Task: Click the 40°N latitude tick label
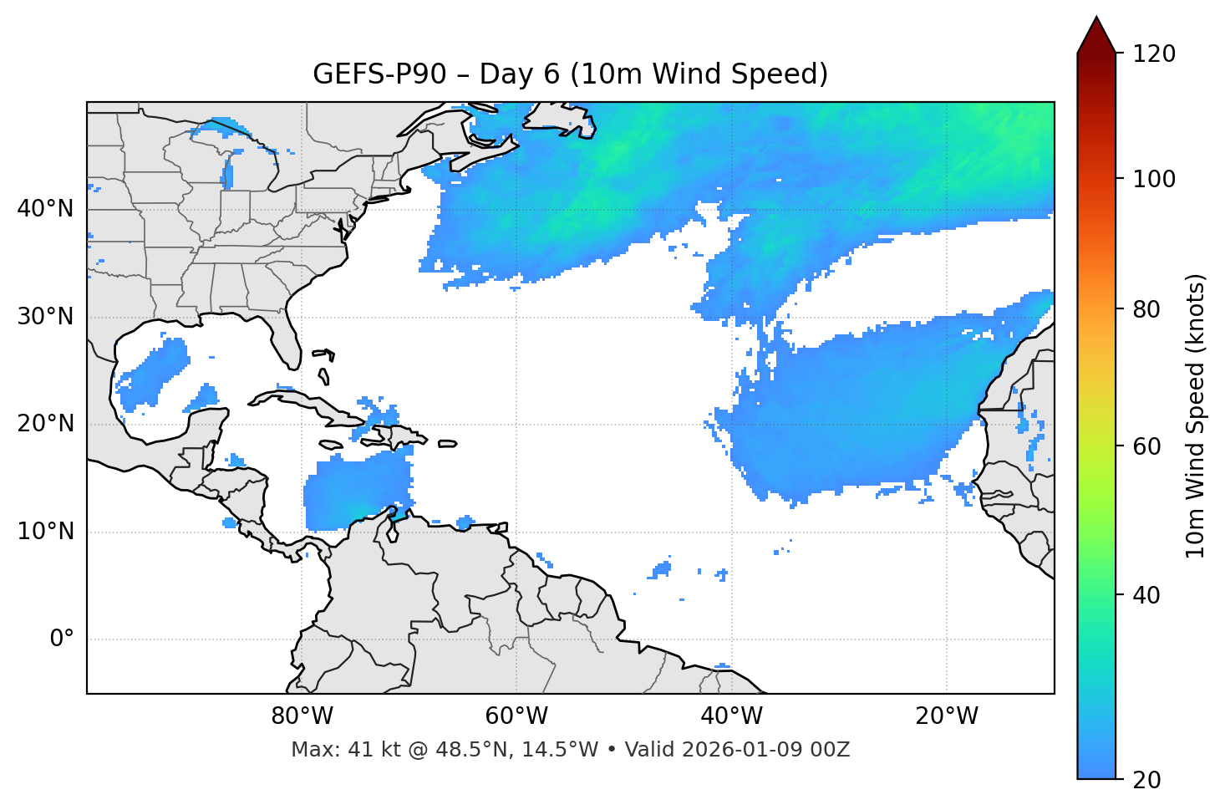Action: [45, 209]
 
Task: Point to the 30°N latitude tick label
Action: [45, 317]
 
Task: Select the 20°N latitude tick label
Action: [45, 424]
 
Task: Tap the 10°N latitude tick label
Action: [45, 532]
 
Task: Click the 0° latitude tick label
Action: [62, 639]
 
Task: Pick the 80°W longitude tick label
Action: [302, 716]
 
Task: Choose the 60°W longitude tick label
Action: [516, 716]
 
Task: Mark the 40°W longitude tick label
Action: [731, 716]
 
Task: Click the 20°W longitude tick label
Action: [947, 716]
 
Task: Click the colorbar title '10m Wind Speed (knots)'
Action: [1196, 415]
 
